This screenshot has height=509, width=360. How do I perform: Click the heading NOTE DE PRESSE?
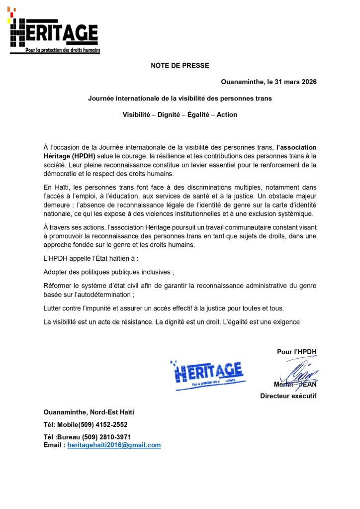coord(180,65)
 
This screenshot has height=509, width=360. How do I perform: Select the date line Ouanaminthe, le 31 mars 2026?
coord(269,82)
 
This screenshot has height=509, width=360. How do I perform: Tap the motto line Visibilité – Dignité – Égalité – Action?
coord(180,114)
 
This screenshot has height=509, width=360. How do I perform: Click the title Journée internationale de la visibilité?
coord(180,99)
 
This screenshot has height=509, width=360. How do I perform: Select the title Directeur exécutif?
coord(288,396)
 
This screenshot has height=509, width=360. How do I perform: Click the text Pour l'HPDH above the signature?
coord(296,352)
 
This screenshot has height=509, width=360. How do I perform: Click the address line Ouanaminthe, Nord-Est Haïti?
coord(89,412)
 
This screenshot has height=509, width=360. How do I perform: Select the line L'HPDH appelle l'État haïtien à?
coord(91,259)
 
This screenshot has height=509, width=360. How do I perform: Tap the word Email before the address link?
coord(53,445)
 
